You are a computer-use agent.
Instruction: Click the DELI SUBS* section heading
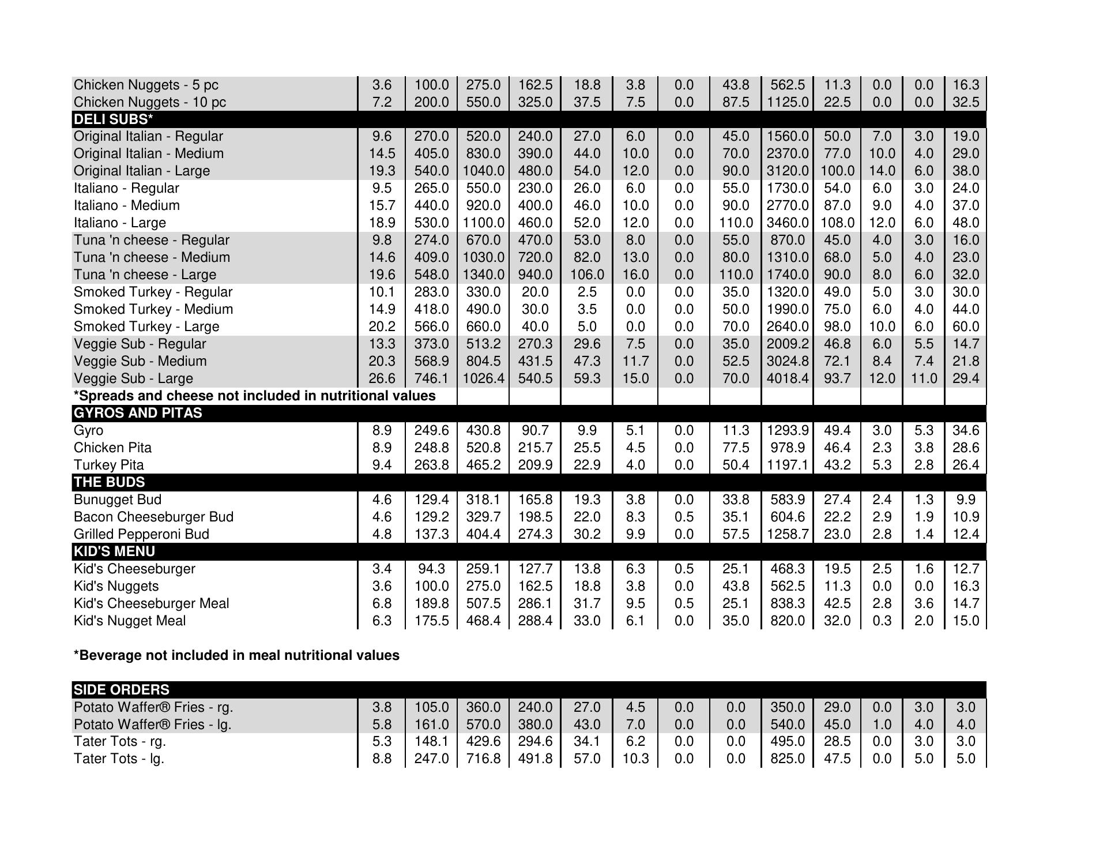point(113,119)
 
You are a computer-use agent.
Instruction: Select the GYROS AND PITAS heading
point(138,413)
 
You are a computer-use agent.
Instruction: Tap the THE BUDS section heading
point(109,482)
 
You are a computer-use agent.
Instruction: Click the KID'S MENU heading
point(114,551)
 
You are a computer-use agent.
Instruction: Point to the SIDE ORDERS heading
point(121,690)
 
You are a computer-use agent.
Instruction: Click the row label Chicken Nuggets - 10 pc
point(149,102)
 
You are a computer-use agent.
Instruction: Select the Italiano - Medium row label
point(126,205)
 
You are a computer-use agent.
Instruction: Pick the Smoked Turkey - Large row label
point(146,326)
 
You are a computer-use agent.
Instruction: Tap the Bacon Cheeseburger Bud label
point(153,517)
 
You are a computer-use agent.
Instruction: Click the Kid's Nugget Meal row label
point(130,621)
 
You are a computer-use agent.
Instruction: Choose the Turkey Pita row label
point(108,465)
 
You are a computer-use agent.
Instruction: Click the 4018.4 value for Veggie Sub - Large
point(787,378)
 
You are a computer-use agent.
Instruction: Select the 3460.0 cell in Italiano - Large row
point(787,223)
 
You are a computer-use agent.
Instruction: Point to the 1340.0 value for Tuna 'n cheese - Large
point(483,275)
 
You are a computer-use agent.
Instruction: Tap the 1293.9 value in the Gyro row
point(787,430)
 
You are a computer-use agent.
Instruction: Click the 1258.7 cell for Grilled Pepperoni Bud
point(787,534)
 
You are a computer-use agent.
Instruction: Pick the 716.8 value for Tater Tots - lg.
point(483,759)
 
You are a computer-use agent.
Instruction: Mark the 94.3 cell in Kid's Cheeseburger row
point(431,569)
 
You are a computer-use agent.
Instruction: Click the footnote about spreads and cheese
point(254,396)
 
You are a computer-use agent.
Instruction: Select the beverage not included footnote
point(236,655)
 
